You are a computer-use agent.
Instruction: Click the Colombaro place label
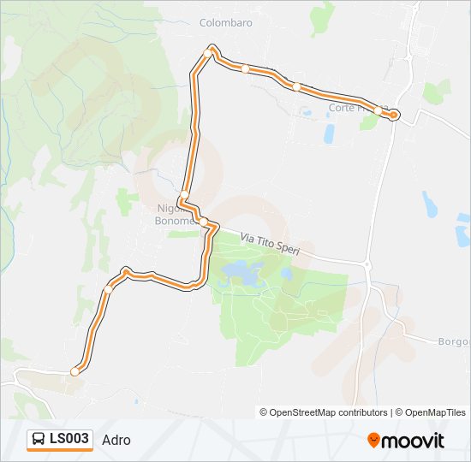pyautogui.click(x=226, y=23)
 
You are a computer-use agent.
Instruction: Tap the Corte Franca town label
pyautogui.click(x=353, y=108)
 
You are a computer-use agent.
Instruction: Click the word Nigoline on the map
pyautogui.click(x=169, y=209)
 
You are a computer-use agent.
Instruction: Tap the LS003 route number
pyautogui.click(x=69, y=439)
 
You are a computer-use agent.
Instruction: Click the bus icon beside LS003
pyautogui.click(x=39, y=440)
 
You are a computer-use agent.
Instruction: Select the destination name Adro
pyautogui.click(x=116, y=440)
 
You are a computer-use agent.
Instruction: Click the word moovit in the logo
pyautogui.click(x=414, y=441)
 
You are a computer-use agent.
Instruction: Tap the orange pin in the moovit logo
pyautogui.click(x=373, y=440)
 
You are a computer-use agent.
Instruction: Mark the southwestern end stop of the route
pyautogui.click(x=75, y=371)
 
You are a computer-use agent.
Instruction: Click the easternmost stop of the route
pyautogui.click(x=393, y=115)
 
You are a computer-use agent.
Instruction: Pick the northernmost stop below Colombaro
pyautogui.click(x=207, y=52)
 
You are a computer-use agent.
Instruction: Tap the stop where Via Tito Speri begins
pyautogui.click(x=204, y=222)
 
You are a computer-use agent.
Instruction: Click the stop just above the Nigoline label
pyautogui.click(x=184, y=194)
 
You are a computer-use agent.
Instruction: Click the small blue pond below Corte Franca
pyautogui.click(x=329, y=133)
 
